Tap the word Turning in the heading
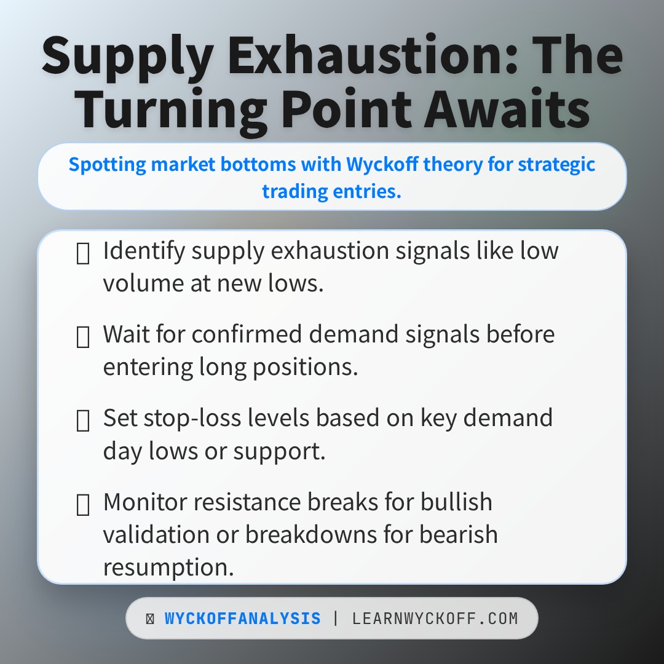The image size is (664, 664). pyautogui.click(x=170, y=109)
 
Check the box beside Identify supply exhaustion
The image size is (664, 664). pyautogui.click(x=82, y=254)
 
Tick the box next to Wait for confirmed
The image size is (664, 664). pyautogui.click(x=82, y=338)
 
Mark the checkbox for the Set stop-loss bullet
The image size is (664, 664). pyautogui.click(x=82, y=421)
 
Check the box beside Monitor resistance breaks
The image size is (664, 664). pyautogui.click(x=82, y=505)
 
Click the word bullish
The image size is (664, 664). pyautogui.click(x=456, y=502)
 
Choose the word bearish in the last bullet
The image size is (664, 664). pyautogui.click(x=458, y=534)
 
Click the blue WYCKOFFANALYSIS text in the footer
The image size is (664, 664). pyautogui.click(x=243, y=619)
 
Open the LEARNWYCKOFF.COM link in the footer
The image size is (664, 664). pyautogui.click(x=435, y=619)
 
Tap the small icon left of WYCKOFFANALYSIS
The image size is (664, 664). pyautogui.click(x=150, y=619)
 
